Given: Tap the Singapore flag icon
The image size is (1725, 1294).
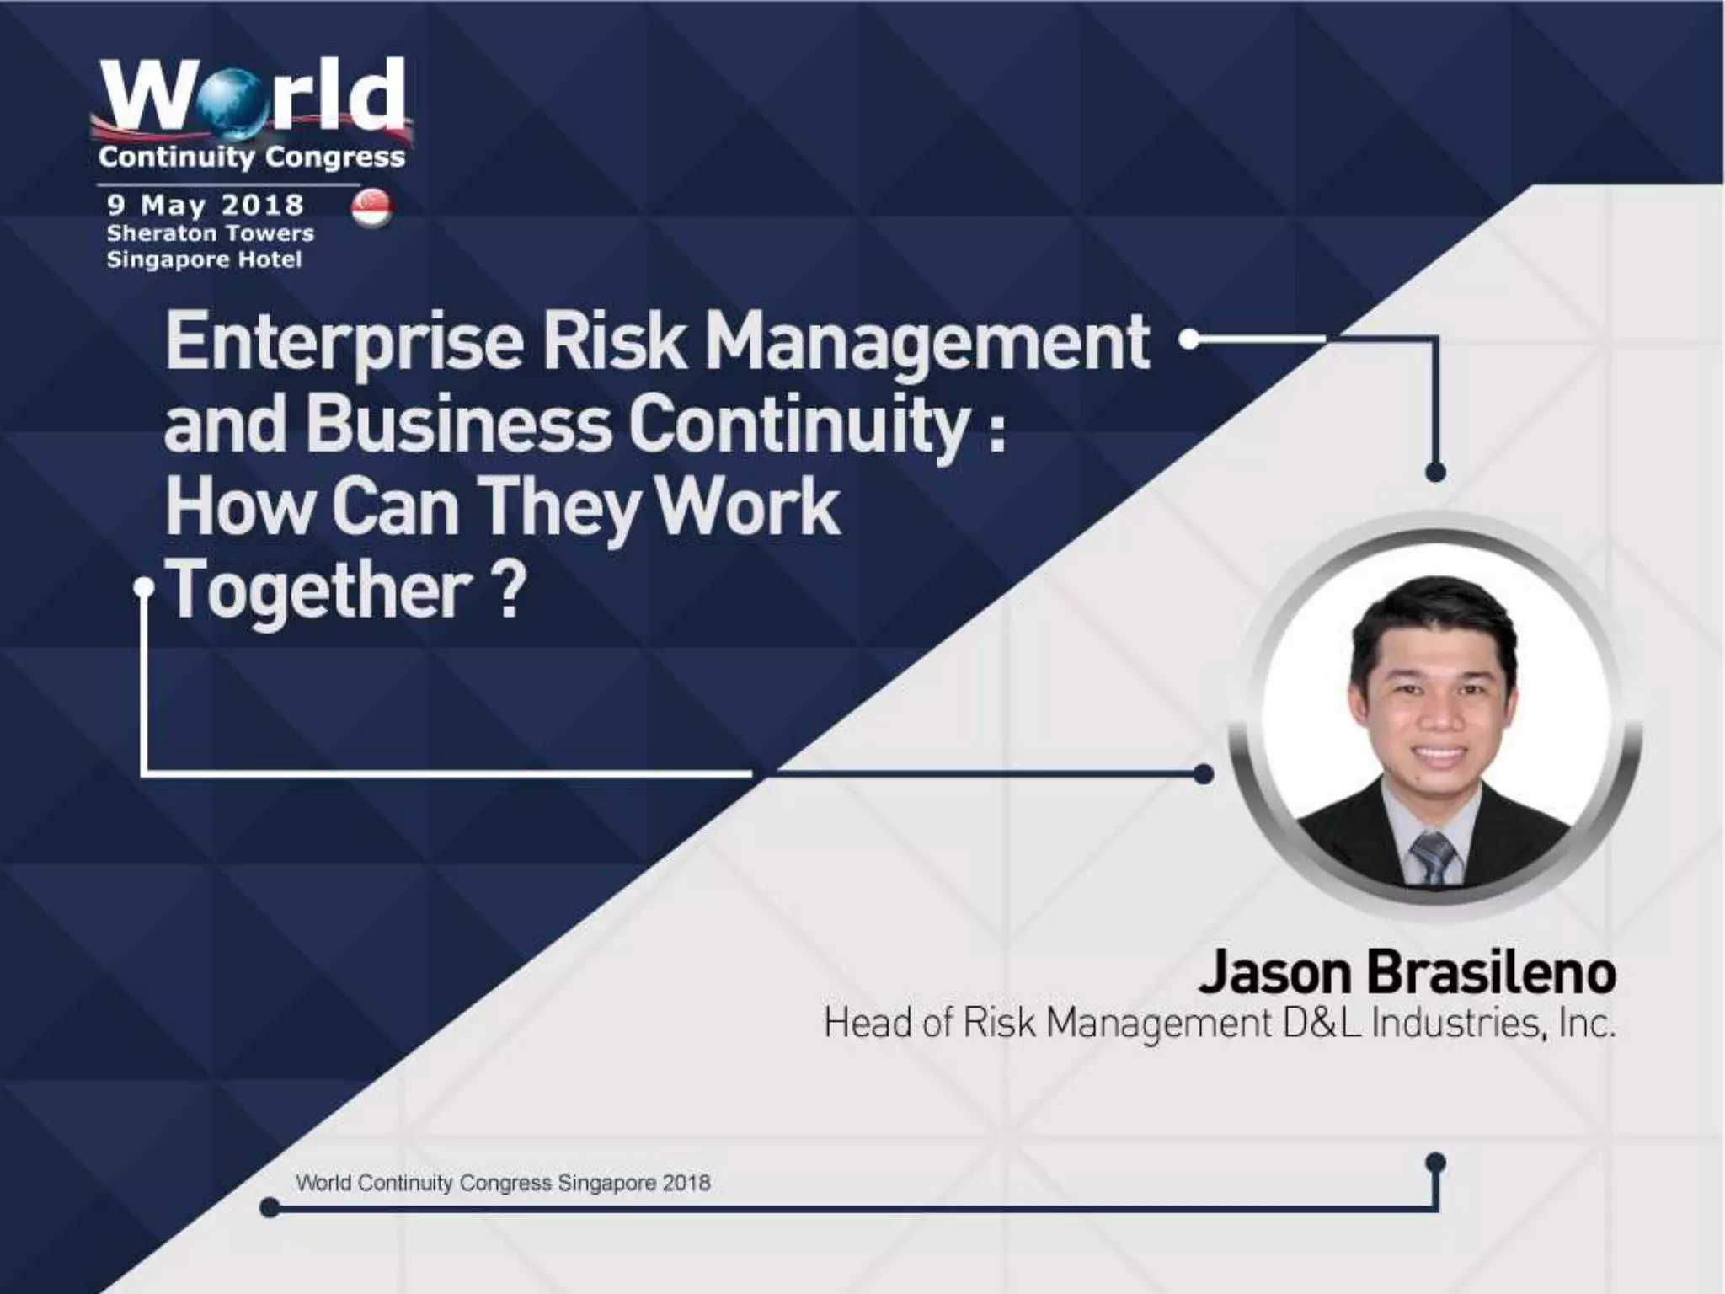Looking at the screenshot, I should pos(371,208).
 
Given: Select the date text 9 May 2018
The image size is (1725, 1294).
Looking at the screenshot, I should pos(205,205).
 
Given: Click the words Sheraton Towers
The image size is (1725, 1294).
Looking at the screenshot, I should pos(210,233).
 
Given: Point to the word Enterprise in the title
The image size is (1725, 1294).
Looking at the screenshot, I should pos(344,343).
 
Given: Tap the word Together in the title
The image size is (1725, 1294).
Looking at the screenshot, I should pos(320,589).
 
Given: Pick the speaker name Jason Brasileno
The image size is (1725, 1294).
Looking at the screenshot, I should pos(1406,972).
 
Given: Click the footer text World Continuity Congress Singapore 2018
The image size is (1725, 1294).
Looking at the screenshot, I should pos(503,1182).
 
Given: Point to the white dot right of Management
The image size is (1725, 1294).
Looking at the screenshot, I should pos(1189,340).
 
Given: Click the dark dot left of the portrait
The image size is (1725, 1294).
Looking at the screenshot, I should pos(1204,773).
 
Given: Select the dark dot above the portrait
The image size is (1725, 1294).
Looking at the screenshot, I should pos(1436,471).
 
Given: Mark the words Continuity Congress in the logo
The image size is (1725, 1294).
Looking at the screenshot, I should pos(251,157).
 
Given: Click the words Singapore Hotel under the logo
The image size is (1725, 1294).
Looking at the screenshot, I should pos(204,259).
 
